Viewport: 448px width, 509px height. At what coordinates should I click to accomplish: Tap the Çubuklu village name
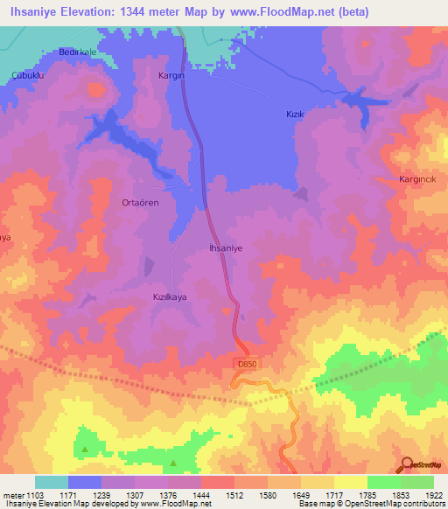click(x=27, y=76)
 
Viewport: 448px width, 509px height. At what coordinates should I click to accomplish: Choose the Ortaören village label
click(x=139, y=202)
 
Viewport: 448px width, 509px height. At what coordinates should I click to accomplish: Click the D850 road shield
click(x=246, y=363)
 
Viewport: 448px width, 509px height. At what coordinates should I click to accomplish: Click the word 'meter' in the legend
click(x=13, y=494)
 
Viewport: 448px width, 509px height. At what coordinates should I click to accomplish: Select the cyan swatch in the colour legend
click(x=51, y=482)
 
